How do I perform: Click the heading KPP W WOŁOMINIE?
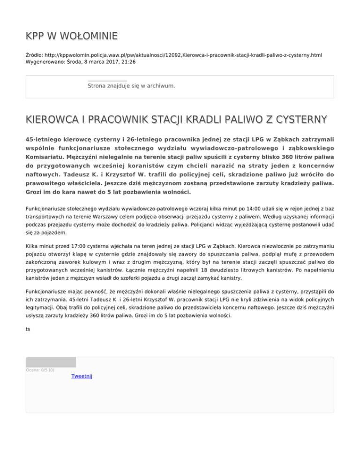pos(71,36)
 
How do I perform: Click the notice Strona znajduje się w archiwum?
pos(131,86)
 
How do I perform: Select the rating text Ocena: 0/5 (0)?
pos(40,370)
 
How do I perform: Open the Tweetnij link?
pos(82,376)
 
